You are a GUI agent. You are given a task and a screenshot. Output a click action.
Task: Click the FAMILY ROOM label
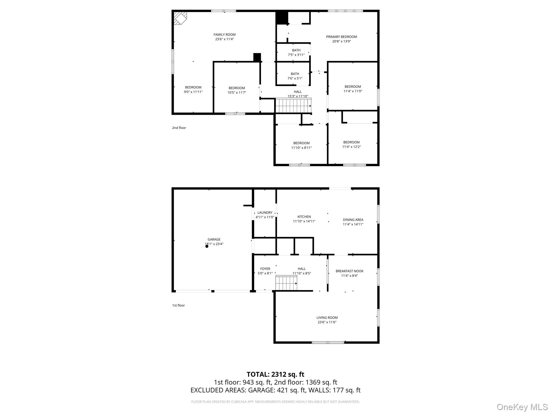(224, 35)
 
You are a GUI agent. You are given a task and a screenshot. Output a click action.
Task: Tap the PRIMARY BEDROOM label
(341, 37)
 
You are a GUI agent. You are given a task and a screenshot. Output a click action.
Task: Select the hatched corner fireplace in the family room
(179, 18)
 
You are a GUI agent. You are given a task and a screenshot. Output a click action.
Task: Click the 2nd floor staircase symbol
(293, 106)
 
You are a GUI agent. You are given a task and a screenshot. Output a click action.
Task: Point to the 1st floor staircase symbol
(286, 283)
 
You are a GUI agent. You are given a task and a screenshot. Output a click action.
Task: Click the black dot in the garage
(207, 246)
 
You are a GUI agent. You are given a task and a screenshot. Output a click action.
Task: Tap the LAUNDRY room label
(265, 213)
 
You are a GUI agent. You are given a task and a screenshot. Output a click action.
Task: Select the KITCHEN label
(304, 217)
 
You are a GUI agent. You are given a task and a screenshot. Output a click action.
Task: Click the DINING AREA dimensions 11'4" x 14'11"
(353, 224)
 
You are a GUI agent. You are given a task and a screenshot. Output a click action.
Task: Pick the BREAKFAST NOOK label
(349, 271)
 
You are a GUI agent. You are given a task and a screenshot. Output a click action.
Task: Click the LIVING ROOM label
(327, 318)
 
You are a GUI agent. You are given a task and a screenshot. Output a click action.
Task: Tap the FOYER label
(265, 269)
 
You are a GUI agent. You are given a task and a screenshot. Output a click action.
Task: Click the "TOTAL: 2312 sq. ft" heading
(275, 374)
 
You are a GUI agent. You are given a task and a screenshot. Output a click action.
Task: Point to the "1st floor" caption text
(178, 305)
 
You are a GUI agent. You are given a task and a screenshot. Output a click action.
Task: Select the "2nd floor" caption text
(179, 128)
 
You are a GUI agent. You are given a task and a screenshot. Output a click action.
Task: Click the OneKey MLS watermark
(522, 407)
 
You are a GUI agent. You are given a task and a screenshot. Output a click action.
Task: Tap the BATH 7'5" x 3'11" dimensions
(296, 55)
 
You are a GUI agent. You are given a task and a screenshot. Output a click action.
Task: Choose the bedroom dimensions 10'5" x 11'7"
(237, 92)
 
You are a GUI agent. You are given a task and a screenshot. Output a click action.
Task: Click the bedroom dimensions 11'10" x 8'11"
(301, 148)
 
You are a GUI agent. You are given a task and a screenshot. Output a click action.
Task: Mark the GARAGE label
(214, 239)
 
